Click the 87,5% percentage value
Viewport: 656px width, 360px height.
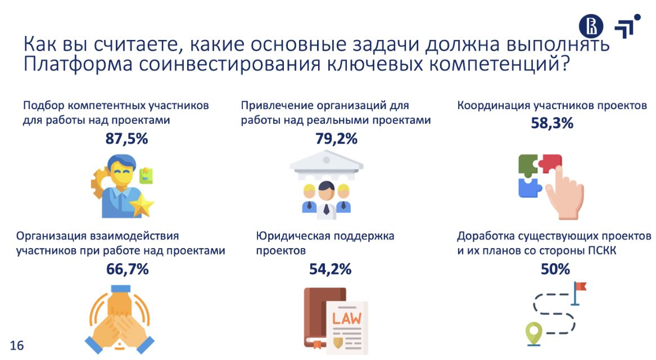(127, 138)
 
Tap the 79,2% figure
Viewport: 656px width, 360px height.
(336, 138)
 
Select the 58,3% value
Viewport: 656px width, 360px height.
(552, 123)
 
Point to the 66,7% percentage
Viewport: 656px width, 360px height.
(127, 269)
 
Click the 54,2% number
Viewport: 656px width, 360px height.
(330, 269)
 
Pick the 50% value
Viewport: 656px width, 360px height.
(555, 269)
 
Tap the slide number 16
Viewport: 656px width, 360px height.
(17, 345)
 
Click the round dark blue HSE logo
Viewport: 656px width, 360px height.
(591, 26)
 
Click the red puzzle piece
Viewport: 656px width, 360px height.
(550, 163)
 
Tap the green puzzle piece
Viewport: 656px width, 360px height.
(528, 165)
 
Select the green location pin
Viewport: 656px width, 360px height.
(533, 334)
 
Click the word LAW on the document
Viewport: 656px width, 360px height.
(347, 318)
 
